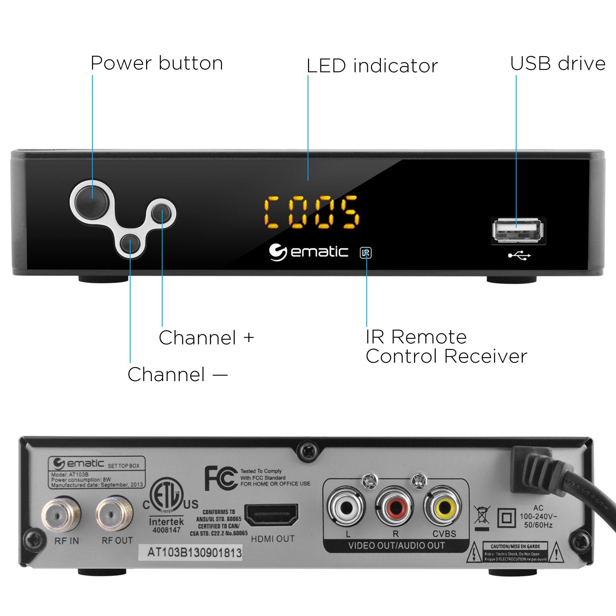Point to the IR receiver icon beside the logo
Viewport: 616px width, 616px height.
click(x=365, y=253)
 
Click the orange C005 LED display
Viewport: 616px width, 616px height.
click(x=311, y=212)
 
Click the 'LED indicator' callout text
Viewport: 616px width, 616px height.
click(x=372, y=66)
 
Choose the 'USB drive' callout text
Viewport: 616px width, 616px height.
click(x=557, y=63)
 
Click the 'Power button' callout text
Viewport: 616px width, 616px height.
click(x=156, y=63)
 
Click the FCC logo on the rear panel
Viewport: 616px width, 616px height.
click(x=221, y=478)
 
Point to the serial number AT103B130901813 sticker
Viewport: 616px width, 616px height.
click(x=195, y=552)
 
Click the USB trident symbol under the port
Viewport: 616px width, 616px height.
click(x=519, y=256)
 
